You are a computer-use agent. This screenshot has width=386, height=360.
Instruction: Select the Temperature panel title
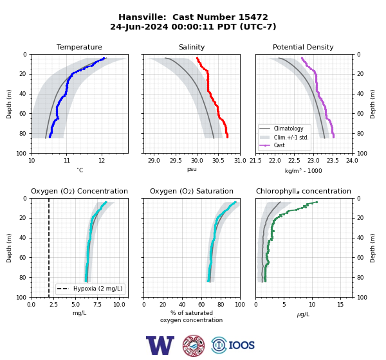click(x=79, y=47)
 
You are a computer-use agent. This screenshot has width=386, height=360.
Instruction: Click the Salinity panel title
click(x=192, y=47)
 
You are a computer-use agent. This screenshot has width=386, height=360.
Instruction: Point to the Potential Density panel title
click(x=303, y=47)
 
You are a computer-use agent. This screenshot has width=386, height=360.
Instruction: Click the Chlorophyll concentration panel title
click(x=304, y=191)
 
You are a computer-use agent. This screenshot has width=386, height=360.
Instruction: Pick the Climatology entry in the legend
click(x=288, y=129)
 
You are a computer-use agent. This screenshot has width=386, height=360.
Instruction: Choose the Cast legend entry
click(x=279, y=145)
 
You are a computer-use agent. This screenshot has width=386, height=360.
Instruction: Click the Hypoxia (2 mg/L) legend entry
click(x=98, y=289)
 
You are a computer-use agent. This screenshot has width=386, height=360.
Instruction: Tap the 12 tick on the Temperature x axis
click(x=102, y=161)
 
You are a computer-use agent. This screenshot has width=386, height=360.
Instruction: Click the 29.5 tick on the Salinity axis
click(x=175, y=161)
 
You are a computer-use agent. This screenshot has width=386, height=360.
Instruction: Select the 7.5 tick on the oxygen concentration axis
click(x=98, y=305)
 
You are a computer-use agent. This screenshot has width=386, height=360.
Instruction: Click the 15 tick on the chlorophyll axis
click(x=340, y=305)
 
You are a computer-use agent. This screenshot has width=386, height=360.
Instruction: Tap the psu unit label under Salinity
click(x=192, y=169)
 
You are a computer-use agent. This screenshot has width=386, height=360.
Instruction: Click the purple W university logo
click(x=160, y=345)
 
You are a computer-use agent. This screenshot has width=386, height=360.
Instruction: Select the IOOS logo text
click(x=242, y=345)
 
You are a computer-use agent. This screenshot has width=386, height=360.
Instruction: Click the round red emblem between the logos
click(x=194, y=345)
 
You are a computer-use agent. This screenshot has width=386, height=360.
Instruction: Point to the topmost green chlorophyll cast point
click(x=317, y=202)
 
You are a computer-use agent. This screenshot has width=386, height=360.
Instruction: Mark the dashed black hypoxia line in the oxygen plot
click(x=49, y=248)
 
